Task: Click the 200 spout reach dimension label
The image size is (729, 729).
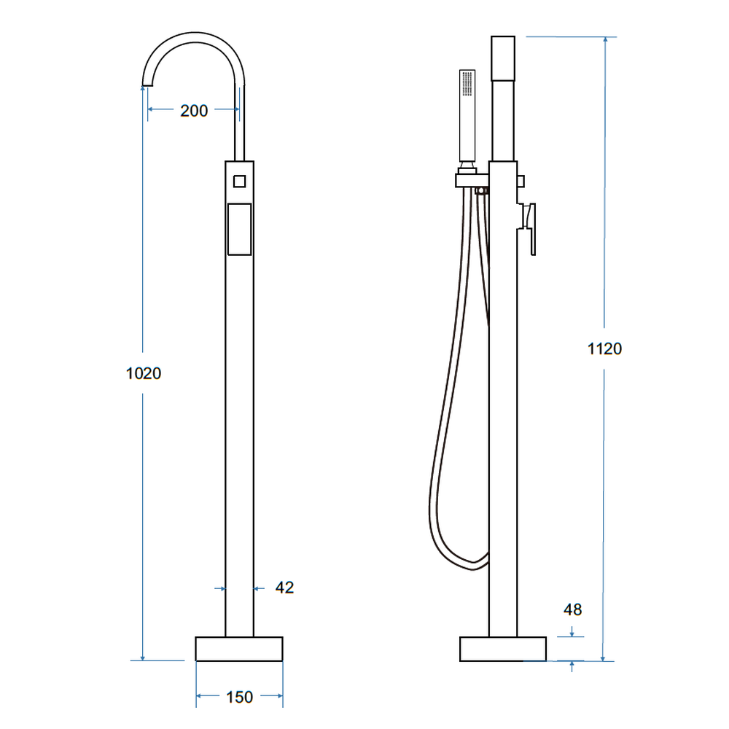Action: (194, 111)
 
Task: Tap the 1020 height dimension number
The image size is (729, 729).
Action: (143, 373)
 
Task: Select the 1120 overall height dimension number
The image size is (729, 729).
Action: (604, 348)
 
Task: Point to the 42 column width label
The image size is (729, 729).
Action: (284, 588)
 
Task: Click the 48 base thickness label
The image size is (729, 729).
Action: (572, 609)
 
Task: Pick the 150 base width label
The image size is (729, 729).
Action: (239, 697)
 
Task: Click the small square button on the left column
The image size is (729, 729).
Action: (239, 181)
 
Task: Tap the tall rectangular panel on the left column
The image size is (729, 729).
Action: (239, 229)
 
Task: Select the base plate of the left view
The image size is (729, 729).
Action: (239, 649)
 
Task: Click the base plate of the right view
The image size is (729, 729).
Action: (503, 649)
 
